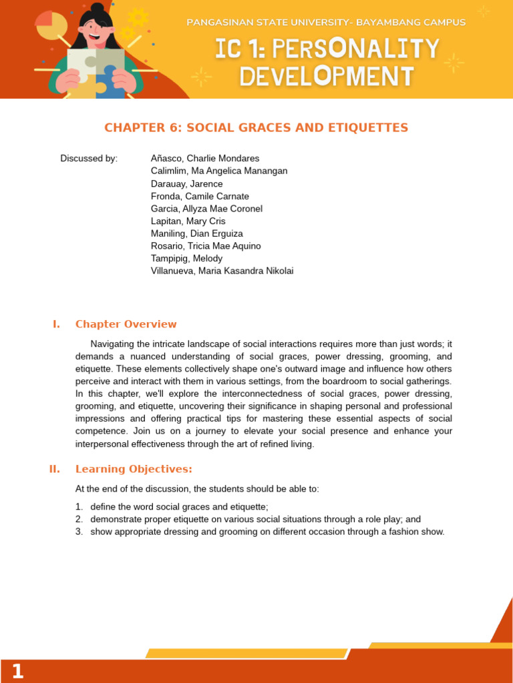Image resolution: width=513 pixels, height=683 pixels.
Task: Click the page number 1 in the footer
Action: [17, 671]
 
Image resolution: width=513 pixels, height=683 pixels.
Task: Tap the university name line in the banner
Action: [326, 23]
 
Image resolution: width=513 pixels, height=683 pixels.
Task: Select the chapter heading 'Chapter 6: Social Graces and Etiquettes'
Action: [256, 127]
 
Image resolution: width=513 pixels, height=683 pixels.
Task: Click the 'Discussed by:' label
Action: [89, 158]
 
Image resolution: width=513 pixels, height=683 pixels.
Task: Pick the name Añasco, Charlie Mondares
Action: [205, 158]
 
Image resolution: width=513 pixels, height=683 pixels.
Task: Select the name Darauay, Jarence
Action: [187, 183]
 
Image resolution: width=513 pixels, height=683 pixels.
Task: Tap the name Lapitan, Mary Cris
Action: [188, 221]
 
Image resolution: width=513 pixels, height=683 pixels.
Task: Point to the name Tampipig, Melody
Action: [187, 258]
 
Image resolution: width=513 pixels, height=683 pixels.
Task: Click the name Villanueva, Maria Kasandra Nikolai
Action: [222, 271]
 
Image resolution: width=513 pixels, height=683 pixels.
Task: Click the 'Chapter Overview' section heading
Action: [126, 324]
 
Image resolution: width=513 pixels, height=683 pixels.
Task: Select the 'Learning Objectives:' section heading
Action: [134, 469]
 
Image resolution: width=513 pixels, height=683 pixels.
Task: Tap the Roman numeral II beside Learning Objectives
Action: [55, 469]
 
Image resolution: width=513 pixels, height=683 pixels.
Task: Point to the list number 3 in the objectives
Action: [79, 532]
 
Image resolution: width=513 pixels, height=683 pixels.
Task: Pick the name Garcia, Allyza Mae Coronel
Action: [206, 209]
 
